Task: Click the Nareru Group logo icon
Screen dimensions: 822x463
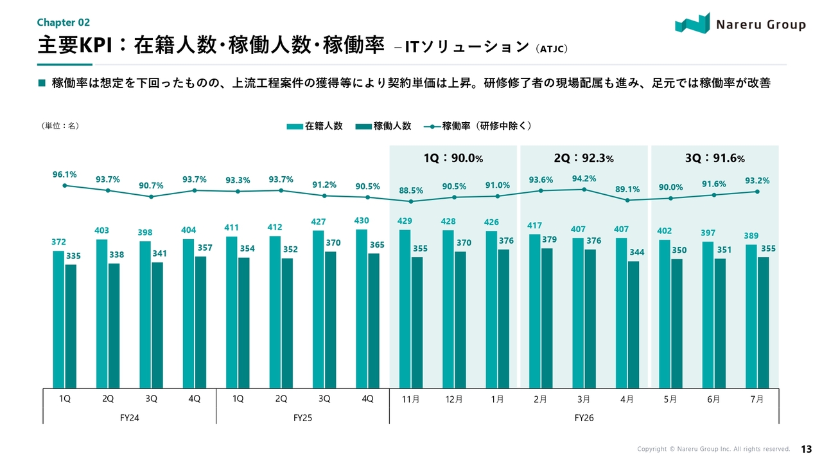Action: [x=692, y=23]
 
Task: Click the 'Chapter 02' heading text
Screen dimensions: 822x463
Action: [x=64, y=23]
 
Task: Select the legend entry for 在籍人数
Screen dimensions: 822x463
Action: [x=315, y=126]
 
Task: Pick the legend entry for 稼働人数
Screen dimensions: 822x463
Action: [x=383, y=126]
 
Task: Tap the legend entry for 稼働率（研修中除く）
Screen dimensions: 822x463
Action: [x=477, y=126]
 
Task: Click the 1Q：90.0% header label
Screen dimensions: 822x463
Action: [x=453, y=158]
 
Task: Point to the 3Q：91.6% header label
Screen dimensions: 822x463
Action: [x=715, y=158]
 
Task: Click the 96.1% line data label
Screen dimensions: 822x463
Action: [x=65, y=174]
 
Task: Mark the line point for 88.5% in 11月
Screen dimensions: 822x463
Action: [x=411, y=201]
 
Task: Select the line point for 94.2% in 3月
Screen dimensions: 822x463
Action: [x=584, y=190]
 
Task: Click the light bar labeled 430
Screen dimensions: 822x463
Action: [x=362, y=309]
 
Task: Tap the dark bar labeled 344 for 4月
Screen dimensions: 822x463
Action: [x=633, y=325]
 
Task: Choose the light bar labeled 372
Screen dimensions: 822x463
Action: [x=58, y=320]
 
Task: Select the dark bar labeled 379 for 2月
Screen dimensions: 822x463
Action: [x=547, y=318]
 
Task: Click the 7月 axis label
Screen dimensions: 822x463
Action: [x=756, y=399]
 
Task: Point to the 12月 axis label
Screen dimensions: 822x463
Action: [x=454, y=399]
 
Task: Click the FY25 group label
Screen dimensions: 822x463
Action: [x=302, y=418]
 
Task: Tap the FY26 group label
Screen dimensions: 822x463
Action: [x=584, y=418]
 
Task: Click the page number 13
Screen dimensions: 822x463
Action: [x=806, y=449]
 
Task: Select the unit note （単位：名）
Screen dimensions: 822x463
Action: [x=60, y=125]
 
